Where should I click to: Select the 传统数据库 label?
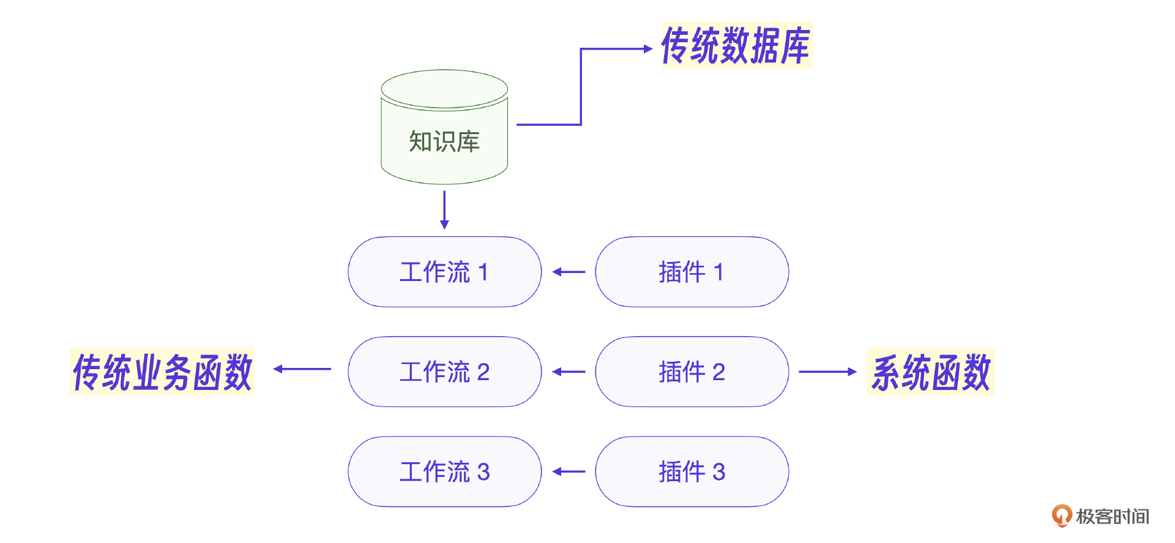(x=736, y=45)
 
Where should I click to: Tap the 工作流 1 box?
(x=444, y=272)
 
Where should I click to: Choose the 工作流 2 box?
(x=444, y=372)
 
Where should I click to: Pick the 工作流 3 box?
(x=444, y=471)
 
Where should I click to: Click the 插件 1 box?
(x=692, y=272)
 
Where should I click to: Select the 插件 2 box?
(x=692, y=372)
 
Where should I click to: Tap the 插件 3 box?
(x=692, y=471)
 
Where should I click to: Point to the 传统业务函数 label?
(x=162, y=372)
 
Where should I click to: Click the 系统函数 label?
(x=931, y=372)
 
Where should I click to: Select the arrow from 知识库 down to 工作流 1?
(x=444, y=210)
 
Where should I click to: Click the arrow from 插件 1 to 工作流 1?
(x=569, y=272)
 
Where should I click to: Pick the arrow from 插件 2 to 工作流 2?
(x=569, y=372)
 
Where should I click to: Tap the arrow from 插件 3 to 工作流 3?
(x=569, y=471)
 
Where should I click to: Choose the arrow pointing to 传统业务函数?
(x=302, y=369)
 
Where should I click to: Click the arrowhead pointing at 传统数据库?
(x=648, y=48)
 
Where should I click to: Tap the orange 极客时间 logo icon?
(x=1062, y=515)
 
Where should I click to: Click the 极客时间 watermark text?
(x=1112, y=516)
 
